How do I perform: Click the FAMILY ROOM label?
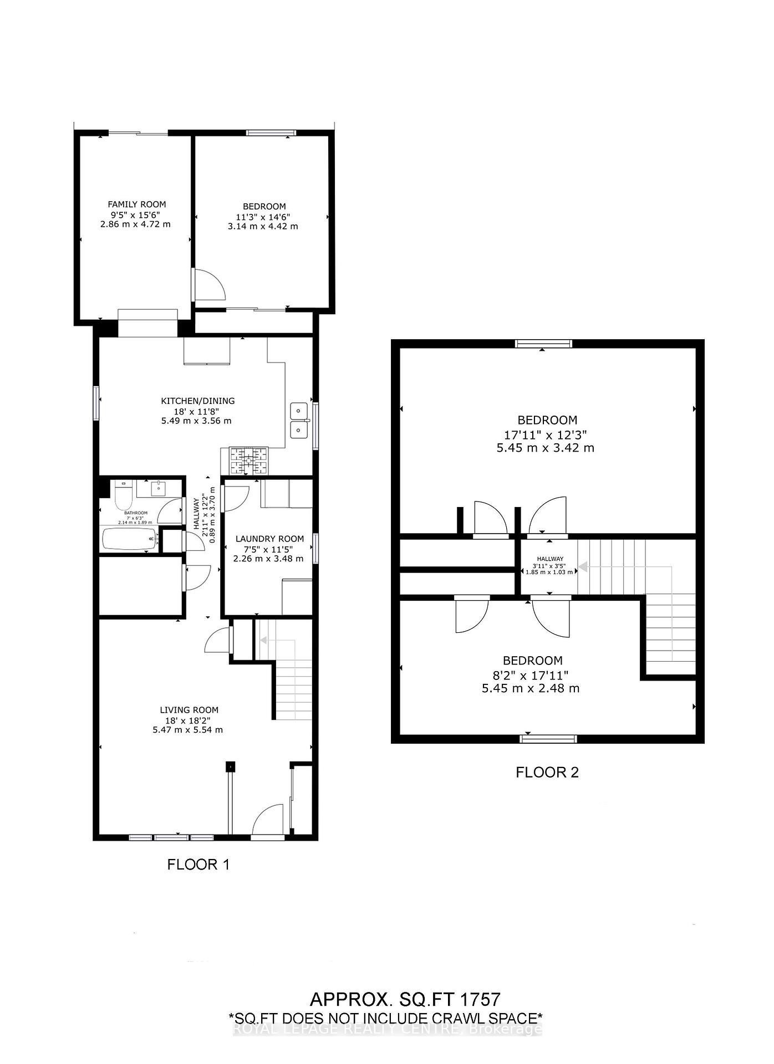point(136,204)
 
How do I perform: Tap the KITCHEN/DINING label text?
point(197,401)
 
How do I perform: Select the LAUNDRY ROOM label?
point(269,539)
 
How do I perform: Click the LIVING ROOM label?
point(189,710)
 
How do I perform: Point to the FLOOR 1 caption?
point(198,864)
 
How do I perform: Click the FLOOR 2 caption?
point(547,773)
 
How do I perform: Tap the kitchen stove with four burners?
point(248,461)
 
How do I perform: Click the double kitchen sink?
point(299,420)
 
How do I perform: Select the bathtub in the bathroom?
point(130,539)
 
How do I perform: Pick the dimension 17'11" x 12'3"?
point(547,434)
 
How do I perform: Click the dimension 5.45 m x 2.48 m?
point(531,688)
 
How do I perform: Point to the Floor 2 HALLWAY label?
point(549,559)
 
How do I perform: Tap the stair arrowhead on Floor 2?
point(583,567)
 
